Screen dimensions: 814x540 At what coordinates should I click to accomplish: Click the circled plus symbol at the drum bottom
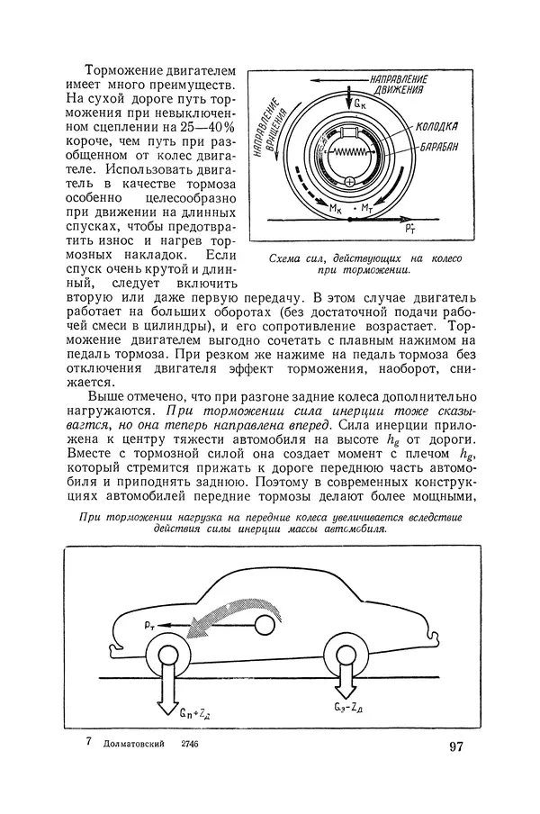pos(350,184)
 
